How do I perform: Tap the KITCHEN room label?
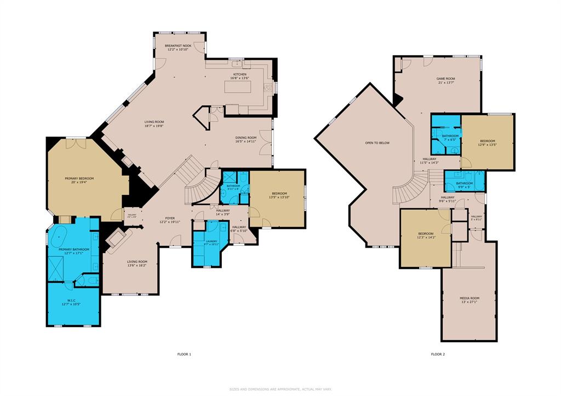tap(240, 74)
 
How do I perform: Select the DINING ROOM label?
tap(245, 137)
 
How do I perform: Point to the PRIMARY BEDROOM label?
tap(79, 179)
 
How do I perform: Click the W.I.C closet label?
tap(71, 301)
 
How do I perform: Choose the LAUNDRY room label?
tap(211, 241)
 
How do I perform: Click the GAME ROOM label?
tap(445, 79)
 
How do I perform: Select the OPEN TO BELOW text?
tap(377, 143)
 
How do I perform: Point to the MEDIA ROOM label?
tap(469, 298)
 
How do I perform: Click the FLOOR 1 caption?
tap(184, 354)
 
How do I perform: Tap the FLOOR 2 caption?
tap(437, 354)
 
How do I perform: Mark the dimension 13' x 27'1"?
tap(469, 302)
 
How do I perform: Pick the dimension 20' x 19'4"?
tap(79, 182)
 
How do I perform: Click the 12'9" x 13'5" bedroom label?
tap(488, 142)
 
